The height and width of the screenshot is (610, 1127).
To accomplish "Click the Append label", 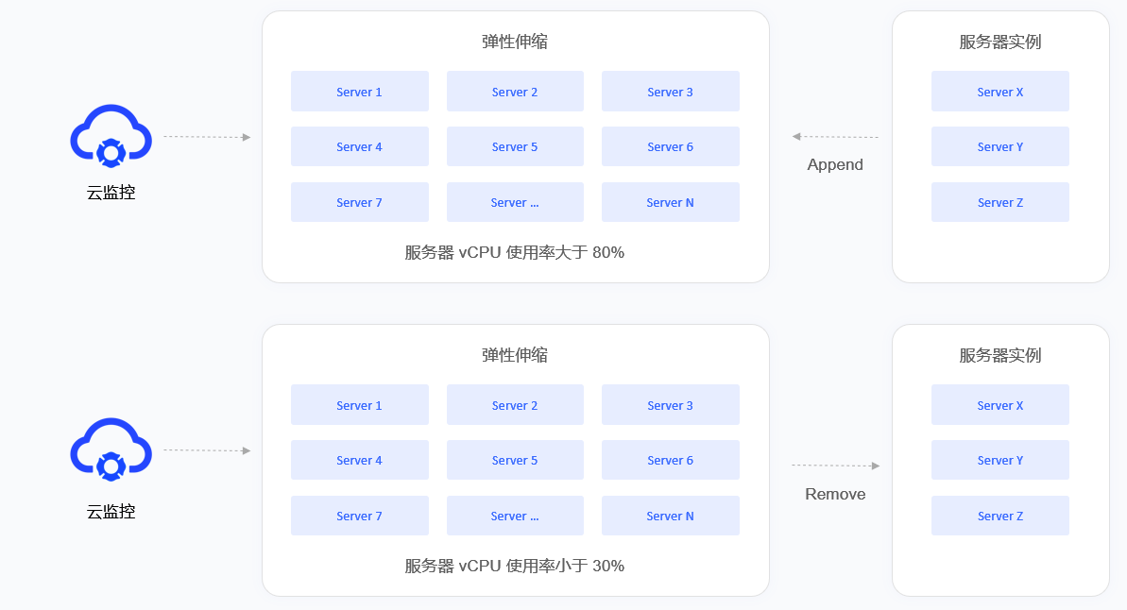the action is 834,164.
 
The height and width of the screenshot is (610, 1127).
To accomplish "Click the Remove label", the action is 835,494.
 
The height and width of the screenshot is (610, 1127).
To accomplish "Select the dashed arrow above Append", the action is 835,137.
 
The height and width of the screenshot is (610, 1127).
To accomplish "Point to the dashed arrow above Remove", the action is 836,466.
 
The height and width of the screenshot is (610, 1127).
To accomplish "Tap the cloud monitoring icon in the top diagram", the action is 111,136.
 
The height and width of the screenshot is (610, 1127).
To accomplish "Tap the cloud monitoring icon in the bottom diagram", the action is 111,449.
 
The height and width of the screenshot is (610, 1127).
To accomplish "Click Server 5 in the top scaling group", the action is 515,146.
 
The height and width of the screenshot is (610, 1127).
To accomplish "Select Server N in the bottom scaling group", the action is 670,516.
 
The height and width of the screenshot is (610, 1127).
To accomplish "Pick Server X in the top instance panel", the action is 999,92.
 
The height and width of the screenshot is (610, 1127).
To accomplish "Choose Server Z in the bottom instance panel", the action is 999,516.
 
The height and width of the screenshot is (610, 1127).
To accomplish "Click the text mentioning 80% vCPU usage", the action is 515,252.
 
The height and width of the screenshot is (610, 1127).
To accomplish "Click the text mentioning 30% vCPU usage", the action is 515,567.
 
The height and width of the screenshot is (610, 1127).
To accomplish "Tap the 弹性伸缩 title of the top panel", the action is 515,42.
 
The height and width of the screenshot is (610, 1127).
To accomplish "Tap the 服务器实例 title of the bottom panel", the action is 999,355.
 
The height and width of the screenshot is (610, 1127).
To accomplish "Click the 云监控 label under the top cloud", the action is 111,193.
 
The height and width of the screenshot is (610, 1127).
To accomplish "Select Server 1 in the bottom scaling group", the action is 359,404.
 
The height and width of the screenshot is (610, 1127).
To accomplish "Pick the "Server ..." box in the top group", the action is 515,202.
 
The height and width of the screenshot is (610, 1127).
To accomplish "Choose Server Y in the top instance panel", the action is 999,146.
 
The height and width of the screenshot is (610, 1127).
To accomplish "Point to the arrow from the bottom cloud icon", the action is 207,450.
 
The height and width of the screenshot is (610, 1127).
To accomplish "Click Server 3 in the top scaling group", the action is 670,92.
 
